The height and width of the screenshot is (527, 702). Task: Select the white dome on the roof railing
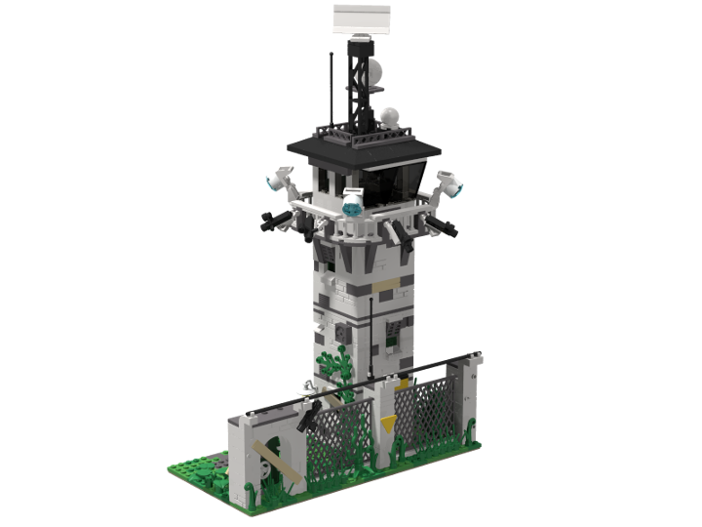tap(392, 116)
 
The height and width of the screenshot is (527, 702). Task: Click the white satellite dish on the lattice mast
tap(375, 70)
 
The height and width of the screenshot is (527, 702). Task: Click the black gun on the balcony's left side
tap(275, 221)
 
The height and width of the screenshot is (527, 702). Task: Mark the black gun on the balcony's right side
tap(441, 227)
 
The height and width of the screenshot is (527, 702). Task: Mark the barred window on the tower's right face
tap(395, 335)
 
